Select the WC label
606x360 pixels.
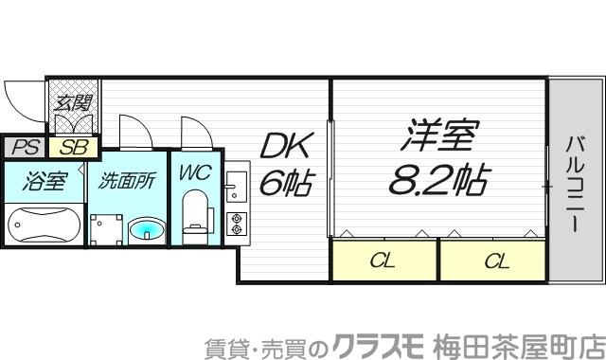pyautogui.click(x=196, y=173)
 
